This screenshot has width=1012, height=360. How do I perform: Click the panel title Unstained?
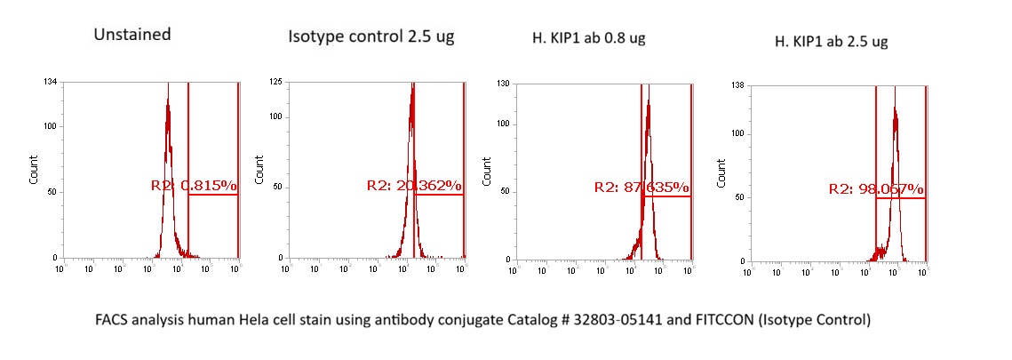click(132, 36)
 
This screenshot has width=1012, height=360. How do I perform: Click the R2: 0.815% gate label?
click(193, 186)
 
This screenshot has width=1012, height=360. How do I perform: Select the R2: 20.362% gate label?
click(414, 186)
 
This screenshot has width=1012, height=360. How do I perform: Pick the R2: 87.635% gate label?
click(641, 188)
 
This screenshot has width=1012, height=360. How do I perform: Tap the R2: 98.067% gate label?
click(876, 189)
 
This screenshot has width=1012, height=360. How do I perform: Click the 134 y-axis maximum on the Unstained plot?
click(51, 83)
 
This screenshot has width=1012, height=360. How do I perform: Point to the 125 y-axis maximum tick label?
click(275, 83)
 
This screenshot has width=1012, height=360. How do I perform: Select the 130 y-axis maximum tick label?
click(502, 84)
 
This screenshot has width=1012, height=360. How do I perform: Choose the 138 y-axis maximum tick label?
click(736, 85)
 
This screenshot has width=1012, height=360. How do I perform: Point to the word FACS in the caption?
click(116, 318)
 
